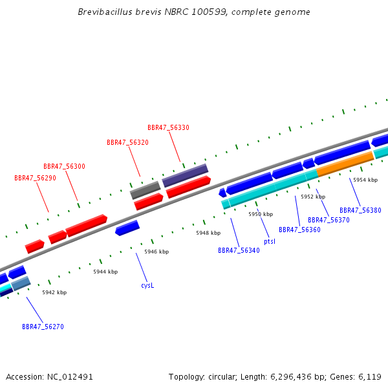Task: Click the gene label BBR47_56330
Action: coord(168,128)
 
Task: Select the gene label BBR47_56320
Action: coord(127,142)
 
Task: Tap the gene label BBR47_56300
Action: coord(64,167)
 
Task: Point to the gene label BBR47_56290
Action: coord(35,178)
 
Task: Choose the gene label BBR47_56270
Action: coord(43,327)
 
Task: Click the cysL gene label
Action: coord(147,285)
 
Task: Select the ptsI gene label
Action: coord(270,241)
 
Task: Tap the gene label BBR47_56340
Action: coord(239,250)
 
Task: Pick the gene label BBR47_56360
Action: coord(299,230)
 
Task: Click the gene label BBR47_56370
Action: coord(329,220)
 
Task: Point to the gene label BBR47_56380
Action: coord(360,210)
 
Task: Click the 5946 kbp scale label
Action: coord(156,252)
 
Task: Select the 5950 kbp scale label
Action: coord(261,214)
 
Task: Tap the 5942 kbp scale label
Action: coord(54,292)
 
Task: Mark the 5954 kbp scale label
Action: coord(365,180)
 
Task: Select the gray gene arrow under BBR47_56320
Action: coord(145,190)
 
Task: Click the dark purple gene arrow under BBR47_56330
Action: coord(185,175)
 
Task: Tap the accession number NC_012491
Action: coord(70,376)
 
